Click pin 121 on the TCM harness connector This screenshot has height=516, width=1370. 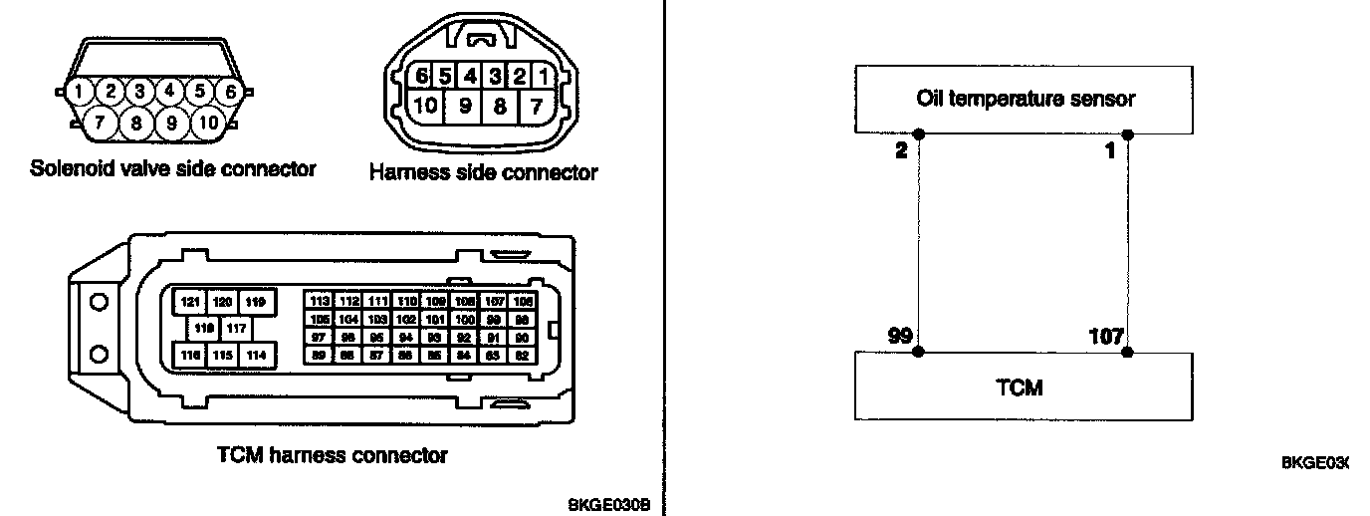click(x=188, y=301)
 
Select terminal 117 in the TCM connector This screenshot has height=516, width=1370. click(x=236, y=328)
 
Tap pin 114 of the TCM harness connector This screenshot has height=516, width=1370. click(x=257, y=355)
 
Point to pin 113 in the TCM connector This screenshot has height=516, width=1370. click(x=320, y=301)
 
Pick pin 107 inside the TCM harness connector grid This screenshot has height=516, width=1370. click(x=494, y=301)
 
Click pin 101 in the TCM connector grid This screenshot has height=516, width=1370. click(x=435, y=319)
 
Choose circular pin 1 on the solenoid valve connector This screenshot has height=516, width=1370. click(x=79, y=92)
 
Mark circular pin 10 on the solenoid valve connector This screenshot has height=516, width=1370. click(x=208, y=124)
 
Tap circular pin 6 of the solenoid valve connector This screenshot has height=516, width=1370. click(x=230, y=92)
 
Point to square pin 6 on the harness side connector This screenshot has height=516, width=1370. click(x=423, y=77)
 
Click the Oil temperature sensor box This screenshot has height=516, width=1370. click(x=1025, y=99)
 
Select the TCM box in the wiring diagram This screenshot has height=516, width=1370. click(x=1025, y=387)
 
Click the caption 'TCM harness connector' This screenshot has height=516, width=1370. click(x=333, y=455)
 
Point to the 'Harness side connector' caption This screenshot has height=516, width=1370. click(x=484, y=172)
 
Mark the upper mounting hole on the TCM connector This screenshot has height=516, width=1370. click(x=99, y=302)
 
